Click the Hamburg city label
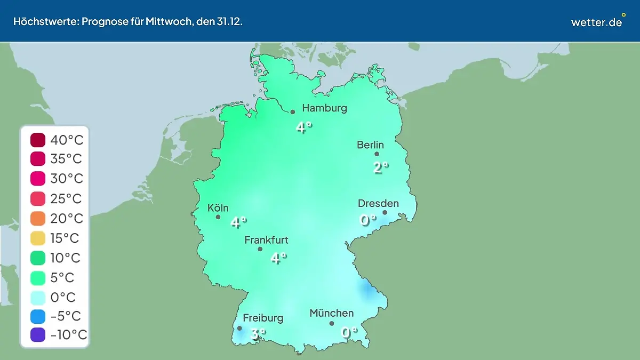pyautogui.click(x=324, y=108)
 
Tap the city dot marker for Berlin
pyautogui.click(x=377, y=154)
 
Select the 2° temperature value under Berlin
pyautogui.click(x=380, y=167)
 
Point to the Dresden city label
pyautogui.click(x=378, y=203)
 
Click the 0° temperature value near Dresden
pyautogui.click(x=367, y=219)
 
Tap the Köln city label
pyautogui.click(x=218, y=208)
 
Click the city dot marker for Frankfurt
pyautogui.click(x=260, y=249)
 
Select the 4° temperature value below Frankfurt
pyautogui.click(x=278, y=258)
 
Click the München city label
pyautogui.click(x=331, y=313)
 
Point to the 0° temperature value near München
pyautogui.click(x=349, y=332)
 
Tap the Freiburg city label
pyautogui.click(x=263, y=318)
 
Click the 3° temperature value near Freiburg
pyautogui.click(x=258, y=334)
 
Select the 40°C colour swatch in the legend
pyautogui.click(x=38, y=140)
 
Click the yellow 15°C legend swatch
pyautogui.click(x=38, y=238)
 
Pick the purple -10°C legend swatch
pyautogui.click(x=38, y=335)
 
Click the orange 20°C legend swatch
pyautogui.click(x=38, y=219)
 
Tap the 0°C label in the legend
pyautogui.click(x=63, y=297)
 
